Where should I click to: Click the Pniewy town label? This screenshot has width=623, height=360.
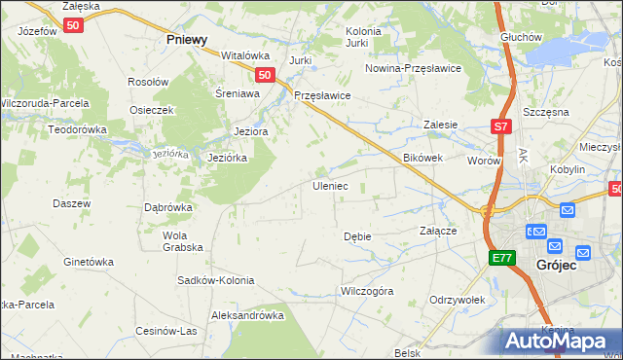pos(187,40)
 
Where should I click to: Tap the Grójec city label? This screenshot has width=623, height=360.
pos(557,265)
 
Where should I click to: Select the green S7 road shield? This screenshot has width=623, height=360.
pos(499,126)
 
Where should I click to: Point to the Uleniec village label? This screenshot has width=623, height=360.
pos(329,185)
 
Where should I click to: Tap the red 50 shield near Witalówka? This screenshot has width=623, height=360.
pos(264,74)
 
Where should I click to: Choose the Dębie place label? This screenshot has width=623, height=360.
pos(357,236)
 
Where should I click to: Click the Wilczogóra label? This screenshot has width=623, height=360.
pos(366,291)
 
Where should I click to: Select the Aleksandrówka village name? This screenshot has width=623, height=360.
pos(247,315)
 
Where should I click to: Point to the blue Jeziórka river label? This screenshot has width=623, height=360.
pos(169,154)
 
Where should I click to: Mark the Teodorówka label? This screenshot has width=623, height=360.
pos(55,128)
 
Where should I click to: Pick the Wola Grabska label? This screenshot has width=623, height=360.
pos(175,240)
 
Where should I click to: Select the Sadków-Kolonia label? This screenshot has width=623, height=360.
pos(215,280)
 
